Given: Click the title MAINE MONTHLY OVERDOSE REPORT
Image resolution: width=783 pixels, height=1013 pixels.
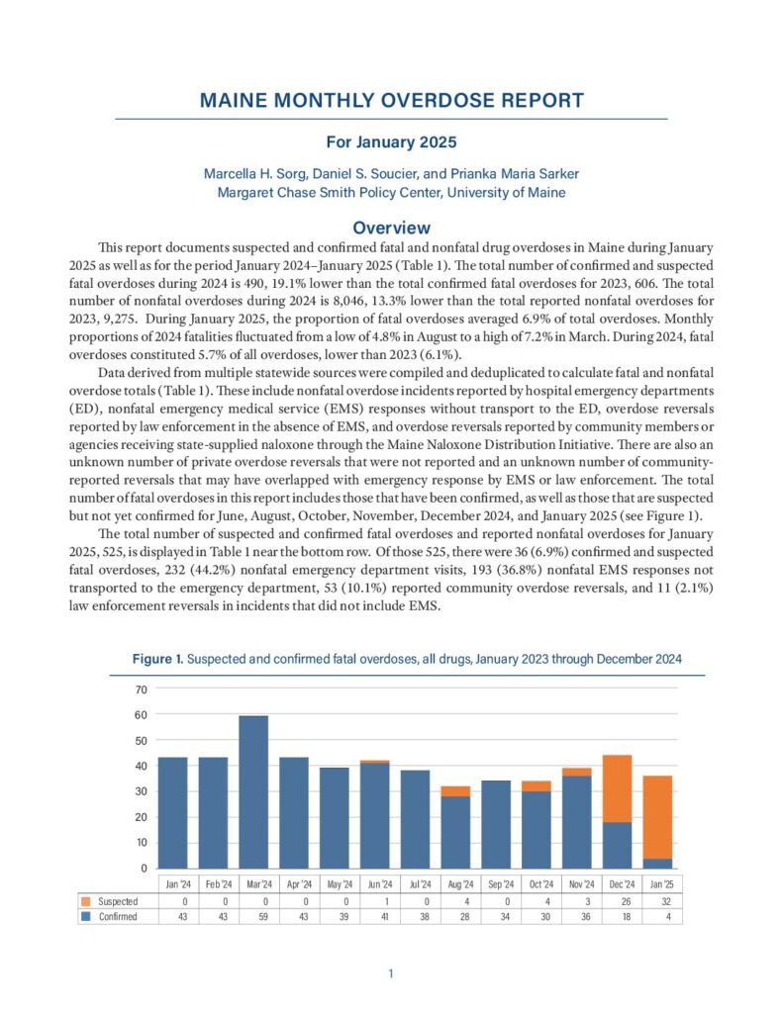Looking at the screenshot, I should pos(391,100).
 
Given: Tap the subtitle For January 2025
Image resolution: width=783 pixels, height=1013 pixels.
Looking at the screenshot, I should pos(391,142).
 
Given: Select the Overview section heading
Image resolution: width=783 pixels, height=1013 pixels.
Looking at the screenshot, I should pos(391,228).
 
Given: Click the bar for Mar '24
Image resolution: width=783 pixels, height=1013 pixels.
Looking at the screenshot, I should pos(253,791).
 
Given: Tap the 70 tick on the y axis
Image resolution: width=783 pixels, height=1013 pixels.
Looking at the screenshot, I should pos(141,689).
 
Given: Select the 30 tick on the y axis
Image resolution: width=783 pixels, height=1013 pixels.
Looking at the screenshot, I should pos(141,791).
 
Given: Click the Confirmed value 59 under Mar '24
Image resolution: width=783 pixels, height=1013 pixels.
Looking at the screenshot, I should pos(253,917).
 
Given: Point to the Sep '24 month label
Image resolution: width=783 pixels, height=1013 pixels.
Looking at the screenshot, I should pos(495,883).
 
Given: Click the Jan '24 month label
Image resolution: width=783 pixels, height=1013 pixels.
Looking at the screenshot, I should pos(173,883).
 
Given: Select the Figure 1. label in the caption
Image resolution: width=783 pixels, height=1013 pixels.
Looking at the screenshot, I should pos(157,658).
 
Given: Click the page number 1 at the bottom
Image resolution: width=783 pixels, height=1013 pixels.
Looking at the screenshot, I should pos(391,974).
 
